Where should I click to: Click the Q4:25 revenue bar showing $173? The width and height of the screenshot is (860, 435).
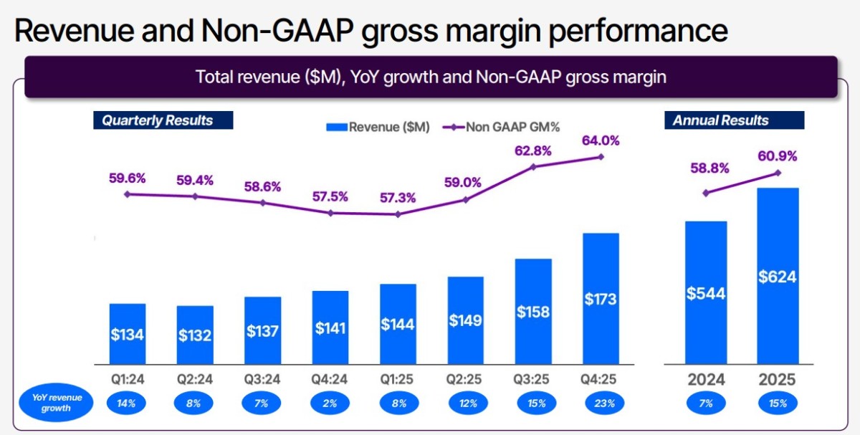[x=601, y=298]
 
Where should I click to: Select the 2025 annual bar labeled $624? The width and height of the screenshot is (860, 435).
[x=778, y=276]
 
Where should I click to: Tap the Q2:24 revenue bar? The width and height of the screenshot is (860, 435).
[x=195, y=334]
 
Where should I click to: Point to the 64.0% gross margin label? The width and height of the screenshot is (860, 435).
[x=601, y=140]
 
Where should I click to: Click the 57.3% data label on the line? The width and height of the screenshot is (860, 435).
[x=398, y=197]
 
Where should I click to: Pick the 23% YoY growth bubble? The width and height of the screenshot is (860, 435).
[x=601, y=403]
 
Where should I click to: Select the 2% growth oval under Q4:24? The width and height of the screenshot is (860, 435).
[x=330, y=403]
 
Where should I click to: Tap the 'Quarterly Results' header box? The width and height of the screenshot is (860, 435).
[x=163, y=120]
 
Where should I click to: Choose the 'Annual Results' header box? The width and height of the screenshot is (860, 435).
[x=735, y=120]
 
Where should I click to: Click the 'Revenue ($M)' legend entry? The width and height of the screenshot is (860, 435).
[x=378, y=128]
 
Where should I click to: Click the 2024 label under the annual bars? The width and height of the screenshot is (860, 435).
[x=706, y=380]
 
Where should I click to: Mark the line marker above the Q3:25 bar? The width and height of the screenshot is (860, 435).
[x=532, y=166]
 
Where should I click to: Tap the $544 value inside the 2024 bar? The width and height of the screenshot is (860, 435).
[x=706, y=293]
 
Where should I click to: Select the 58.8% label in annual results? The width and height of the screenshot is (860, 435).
[x=709, y=168]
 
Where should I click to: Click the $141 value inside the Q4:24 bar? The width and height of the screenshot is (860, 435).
[x=330, y=328]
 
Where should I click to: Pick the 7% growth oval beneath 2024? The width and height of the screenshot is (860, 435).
[x=706, y=403]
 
